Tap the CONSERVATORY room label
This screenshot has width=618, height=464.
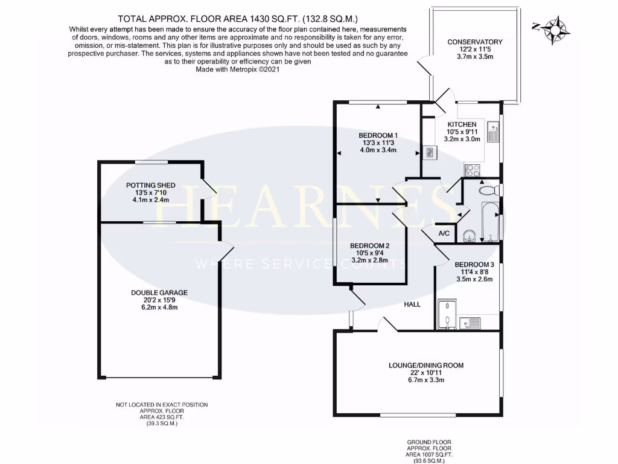[474, 42]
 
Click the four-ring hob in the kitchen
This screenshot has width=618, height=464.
[471, 169]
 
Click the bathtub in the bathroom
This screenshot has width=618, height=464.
[489, 221]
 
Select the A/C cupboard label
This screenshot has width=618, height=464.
[444, 234]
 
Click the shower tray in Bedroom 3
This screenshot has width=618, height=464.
[446, 314]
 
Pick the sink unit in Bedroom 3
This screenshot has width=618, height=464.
[470, 323]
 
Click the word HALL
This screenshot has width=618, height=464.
[412, 304]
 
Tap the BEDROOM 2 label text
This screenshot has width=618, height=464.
[370, 246]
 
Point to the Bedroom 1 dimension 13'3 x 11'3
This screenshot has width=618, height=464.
[378, 143]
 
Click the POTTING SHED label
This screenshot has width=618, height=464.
[151, 185]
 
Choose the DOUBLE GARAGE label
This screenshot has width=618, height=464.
[159, 292]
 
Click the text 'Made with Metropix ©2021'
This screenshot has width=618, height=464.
[238, 69]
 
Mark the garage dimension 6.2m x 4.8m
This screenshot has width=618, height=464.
[159, 308]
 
